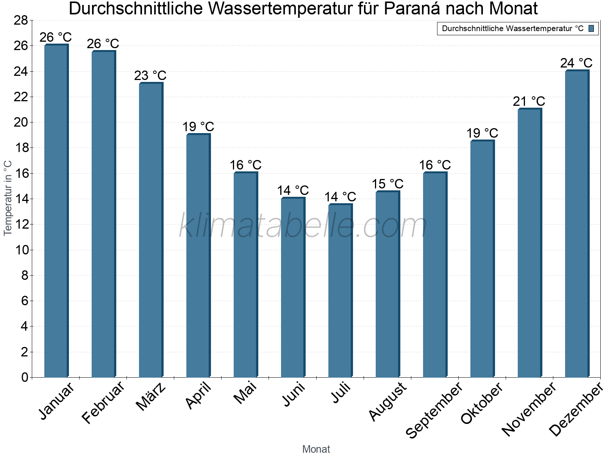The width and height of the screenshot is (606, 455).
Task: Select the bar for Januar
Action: [x=56, y=211]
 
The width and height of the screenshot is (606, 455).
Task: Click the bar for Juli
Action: [x=340, y=290]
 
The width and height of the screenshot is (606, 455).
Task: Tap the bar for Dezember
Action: [x=577, y=224]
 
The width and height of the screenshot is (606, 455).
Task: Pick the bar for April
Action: [x=198, y=256]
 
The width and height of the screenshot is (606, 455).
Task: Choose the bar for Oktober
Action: [x=482, y=259]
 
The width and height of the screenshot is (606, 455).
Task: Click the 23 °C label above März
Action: [x=150, y=75]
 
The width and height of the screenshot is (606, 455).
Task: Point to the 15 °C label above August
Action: [x=387, y=184]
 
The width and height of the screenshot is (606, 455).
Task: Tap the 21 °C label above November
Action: [x=529, y=101]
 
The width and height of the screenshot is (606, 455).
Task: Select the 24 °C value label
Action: [x=576, y=63]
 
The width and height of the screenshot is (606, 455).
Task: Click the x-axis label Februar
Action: [x=103, y=403]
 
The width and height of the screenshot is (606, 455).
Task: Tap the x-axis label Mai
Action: [x=245, y=393]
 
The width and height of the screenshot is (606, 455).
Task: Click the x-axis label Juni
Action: [x=294, y=394]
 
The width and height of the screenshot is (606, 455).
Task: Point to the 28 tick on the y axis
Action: [x=21, y=20]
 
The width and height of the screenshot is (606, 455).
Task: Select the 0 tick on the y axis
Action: [x=25, y=377]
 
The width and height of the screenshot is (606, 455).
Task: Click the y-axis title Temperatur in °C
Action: [x=8, y=198]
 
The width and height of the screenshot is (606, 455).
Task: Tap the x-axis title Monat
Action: [x=316, y=449]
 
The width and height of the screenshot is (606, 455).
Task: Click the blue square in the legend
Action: [x=591, y=28]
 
